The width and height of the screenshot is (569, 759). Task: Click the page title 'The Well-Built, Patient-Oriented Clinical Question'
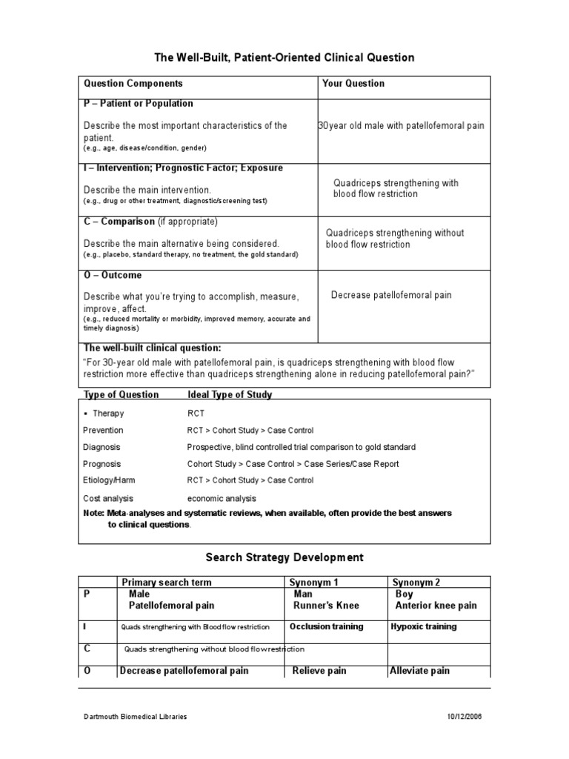[x=284, y=57]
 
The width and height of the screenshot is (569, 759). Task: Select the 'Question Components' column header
[x=133, y=84]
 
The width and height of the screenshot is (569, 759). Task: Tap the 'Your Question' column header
[x=353, y=84]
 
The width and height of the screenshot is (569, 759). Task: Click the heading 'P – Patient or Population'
[x=139, y=104]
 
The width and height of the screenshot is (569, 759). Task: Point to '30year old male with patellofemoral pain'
[x=401, y=126]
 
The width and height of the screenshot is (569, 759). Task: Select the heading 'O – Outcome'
[x=113, y=276]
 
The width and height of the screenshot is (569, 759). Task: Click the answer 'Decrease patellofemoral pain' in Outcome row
[x=390, y=295]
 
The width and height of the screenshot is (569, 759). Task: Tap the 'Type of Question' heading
[x=121, y=395]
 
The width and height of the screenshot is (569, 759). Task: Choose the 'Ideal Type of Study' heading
[x=230, y=395]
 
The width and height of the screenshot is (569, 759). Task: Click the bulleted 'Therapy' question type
[x=108, y=414]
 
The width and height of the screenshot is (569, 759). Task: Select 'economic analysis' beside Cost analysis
[x=222, y=499]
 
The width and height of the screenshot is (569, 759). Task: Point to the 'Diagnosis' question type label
[x=102, y=448]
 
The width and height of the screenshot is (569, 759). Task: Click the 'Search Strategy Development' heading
[x=284, y=557]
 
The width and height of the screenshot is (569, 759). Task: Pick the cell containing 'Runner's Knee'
[x=325, y=606]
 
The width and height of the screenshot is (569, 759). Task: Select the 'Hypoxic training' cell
[x=423, y=626]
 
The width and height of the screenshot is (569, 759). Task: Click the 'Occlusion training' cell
[x=326, y=626]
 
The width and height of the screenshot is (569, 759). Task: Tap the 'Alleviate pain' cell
[x=419, y=671]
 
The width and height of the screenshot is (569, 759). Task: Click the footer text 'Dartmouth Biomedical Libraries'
[x=134, y=717]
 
